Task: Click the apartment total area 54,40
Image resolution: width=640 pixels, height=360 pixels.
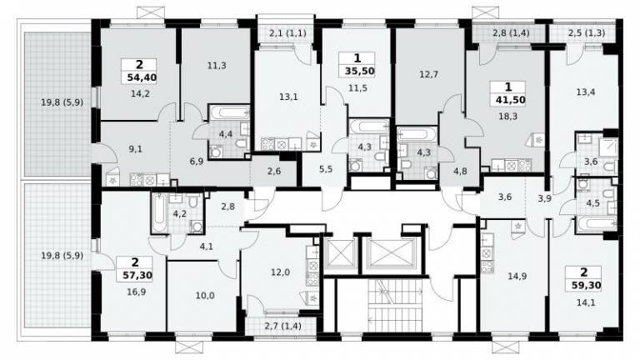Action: tap(139, 77)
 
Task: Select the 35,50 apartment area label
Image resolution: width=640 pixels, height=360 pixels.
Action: tap(360, 71)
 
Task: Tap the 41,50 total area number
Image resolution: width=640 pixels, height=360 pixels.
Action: tap(508, 100)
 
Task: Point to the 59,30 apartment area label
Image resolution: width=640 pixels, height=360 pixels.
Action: tap(584, 285)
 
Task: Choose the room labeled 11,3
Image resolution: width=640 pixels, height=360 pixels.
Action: tap(217, 65)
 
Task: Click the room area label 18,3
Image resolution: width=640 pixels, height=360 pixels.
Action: tap(507, 117)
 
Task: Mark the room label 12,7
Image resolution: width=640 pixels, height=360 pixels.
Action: tap(428, 74)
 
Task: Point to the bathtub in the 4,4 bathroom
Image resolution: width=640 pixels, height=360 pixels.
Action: tap(228, 112)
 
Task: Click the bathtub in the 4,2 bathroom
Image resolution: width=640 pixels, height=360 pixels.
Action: tap(159, 213)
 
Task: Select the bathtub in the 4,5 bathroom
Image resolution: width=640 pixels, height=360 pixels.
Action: tap(596, 223)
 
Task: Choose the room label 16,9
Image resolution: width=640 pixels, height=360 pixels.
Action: tap(136, 292)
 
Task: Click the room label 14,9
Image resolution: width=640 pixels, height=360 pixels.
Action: tap(517, 277)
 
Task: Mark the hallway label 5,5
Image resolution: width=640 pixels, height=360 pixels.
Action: tap(326, 169)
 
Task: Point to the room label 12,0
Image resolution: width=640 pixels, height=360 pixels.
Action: tap(280, 272)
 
